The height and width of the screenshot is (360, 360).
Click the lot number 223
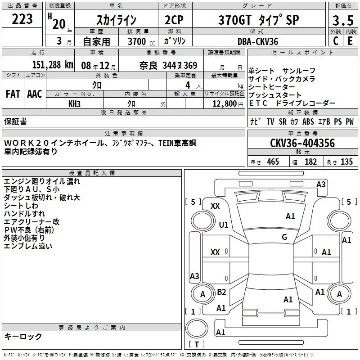22,19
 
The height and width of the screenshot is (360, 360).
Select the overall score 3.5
342,20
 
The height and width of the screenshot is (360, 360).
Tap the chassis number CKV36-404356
303,143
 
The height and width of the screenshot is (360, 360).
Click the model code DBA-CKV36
258,41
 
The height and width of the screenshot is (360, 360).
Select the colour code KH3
75,103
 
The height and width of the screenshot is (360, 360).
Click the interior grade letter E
350,41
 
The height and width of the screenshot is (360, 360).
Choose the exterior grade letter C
336,41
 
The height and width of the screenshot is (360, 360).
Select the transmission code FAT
13,94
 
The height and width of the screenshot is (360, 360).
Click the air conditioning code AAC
35,94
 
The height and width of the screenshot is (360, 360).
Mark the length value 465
272,162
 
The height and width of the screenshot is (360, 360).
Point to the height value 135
346,162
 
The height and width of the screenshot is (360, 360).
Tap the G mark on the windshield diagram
284,237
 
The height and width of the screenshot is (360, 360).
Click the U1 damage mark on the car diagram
224,225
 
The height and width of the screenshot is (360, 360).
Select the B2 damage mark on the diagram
222,292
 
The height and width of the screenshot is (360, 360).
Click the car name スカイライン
117,21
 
